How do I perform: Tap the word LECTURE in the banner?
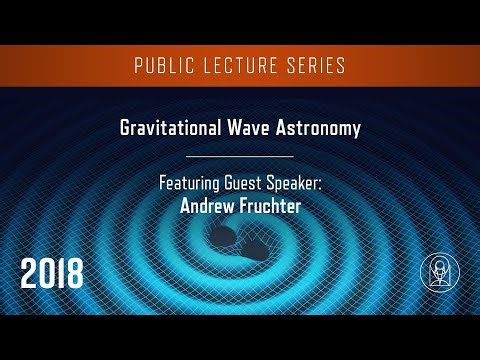(x=239, y=66)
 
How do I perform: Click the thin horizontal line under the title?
(x=240, y=156)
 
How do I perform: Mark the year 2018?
(x=53, y=272)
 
